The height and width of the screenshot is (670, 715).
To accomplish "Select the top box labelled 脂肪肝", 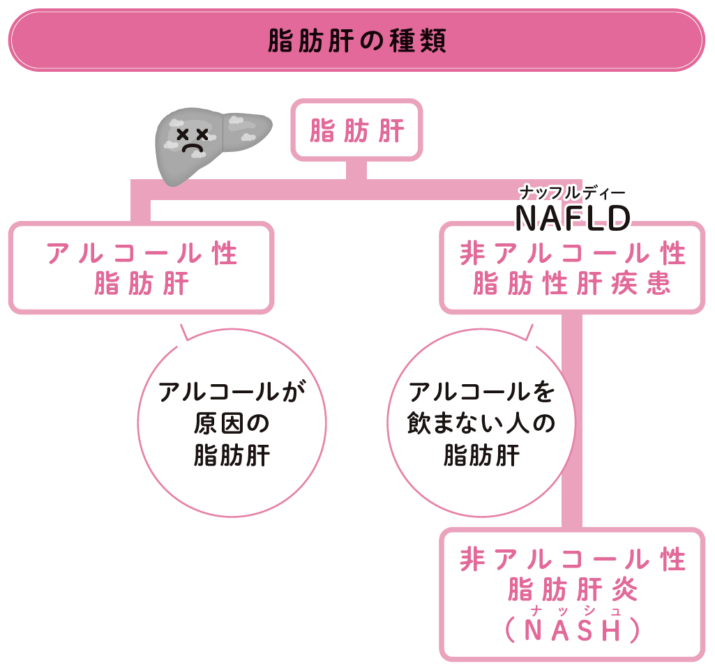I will [x=356, y=130].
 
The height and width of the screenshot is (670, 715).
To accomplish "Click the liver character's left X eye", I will [x=183, y=133].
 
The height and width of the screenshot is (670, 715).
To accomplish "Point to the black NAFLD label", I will [x=572, y=219].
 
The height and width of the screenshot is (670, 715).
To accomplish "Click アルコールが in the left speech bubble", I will [x=232, y=392].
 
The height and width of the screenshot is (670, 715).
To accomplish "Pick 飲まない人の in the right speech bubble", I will [x=481, y=423].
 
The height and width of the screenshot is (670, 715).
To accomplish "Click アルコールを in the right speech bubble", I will [x=481, y=392].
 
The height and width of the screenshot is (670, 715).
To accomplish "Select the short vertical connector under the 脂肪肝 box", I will [x=356, y=170].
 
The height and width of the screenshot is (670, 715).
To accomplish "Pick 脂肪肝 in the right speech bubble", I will [x=481, y=455].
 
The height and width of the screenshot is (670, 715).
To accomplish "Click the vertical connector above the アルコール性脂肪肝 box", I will [x=142, y=209].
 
